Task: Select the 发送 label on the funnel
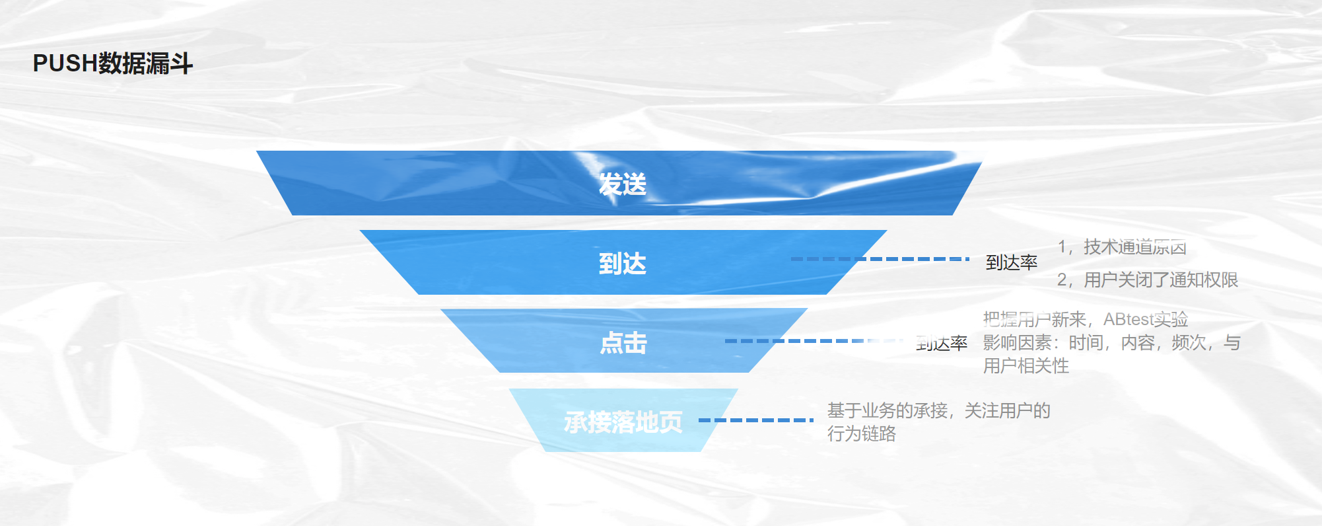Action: click(622, 184)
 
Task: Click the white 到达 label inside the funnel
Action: click(622, 264)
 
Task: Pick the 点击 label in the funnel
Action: click(623, 343)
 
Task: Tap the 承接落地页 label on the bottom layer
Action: click(623, 422)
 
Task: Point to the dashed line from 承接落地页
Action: click(755, 420)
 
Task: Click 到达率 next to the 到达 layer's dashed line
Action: click(1011, 263)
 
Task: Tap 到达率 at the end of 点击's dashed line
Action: click(942, 344)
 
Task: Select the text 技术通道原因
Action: click(1135, 247)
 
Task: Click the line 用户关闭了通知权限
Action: click(1161, 280)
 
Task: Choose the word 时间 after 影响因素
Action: click(1086, 343)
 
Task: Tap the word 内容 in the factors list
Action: click(1138, 343)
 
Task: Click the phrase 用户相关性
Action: click(1026, 366)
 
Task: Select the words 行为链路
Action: click(862, 434)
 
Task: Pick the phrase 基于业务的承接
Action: click(887, 411)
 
